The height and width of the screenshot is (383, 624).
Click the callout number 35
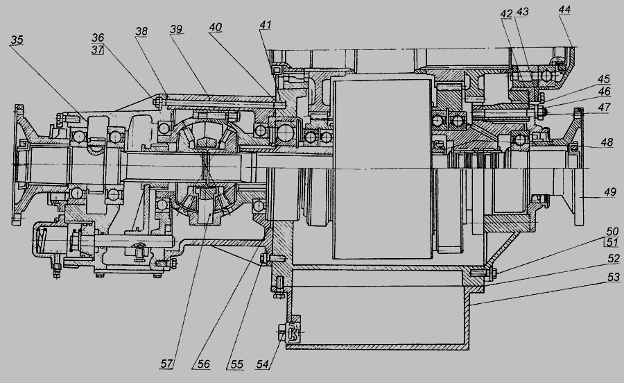click(17, 40)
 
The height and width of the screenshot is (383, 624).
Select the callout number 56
click(203, 364)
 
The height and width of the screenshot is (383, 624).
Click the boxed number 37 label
click(98, 49)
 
